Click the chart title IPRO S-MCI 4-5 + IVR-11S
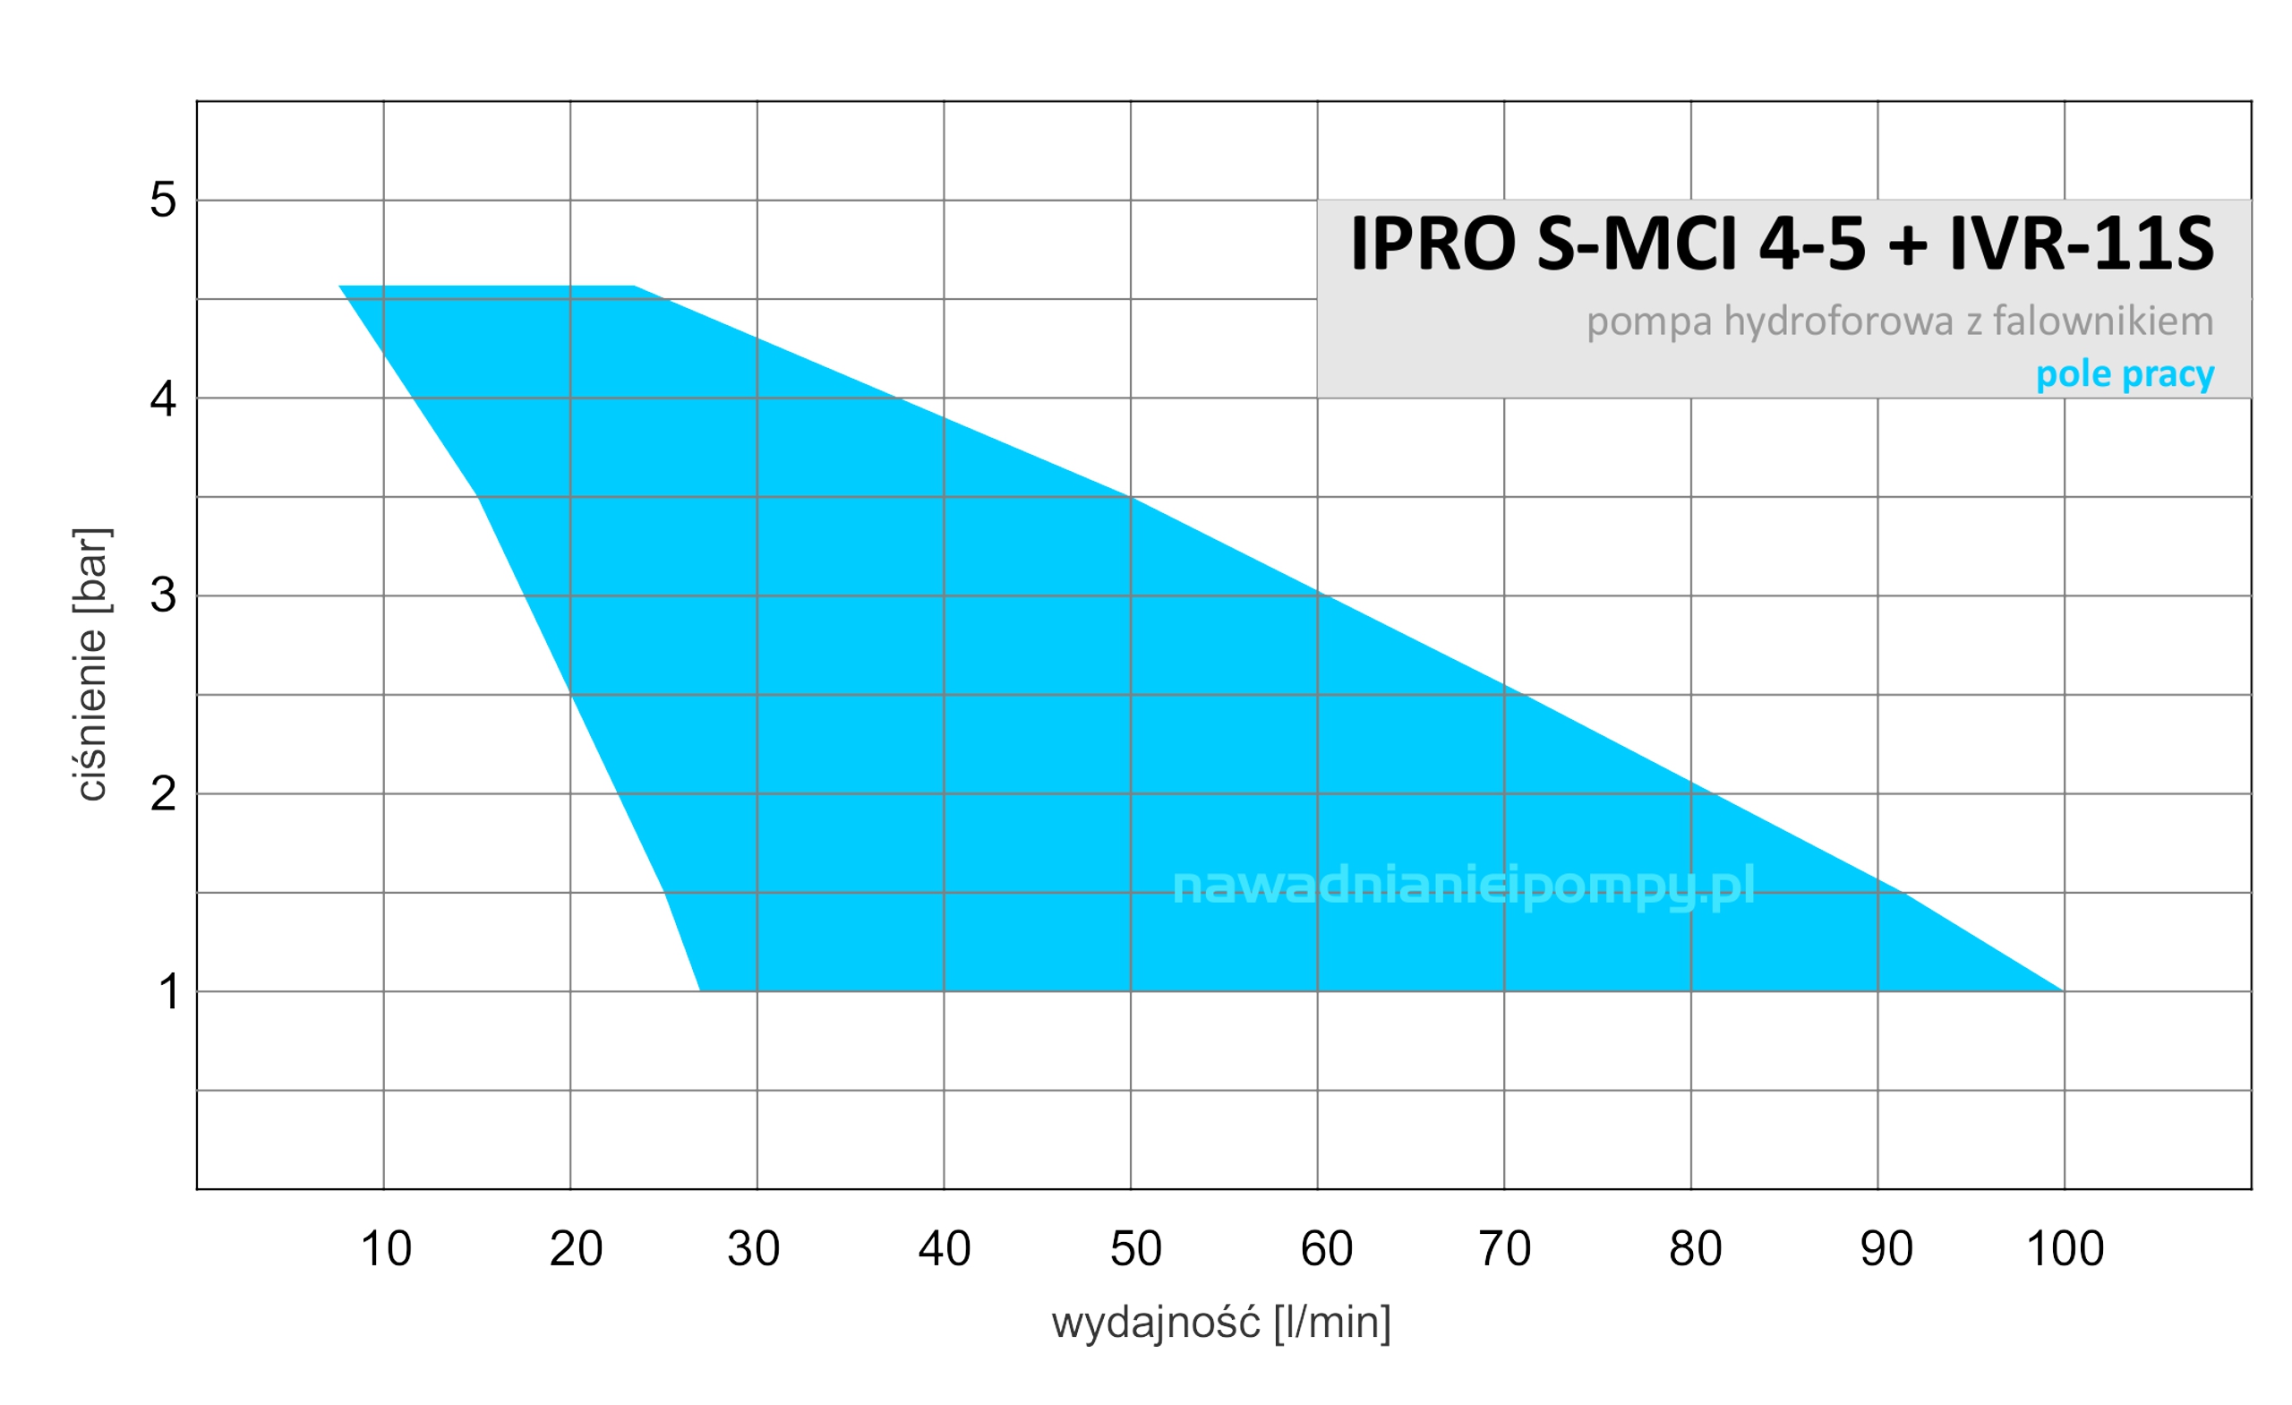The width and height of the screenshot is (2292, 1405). click(x=1782, y=244)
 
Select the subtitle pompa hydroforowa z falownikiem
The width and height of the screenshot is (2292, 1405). click(x=1900, y=321)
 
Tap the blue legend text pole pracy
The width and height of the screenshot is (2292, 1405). click(x=2125, y=374)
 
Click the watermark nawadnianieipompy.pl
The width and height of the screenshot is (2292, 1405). click(x=1463, y=885)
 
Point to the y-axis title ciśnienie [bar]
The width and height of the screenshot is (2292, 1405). click(x=91, y=664)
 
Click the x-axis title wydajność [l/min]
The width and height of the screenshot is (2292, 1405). click(x=1221, y=1323)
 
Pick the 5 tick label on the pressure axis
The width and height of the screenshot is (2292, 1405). click(x=163, y=200)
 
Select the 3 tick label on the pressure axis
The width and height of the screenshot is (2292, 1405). click(x=163, y=595)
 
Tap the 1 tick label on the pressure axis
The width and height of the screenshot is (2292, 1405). click(x=168, y=992)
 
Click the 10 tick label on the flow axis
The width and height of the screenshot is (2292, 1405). click(x=385, y=1248)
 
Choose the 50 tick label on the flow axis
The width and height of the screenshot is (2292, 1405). click(x=1135, y=1248)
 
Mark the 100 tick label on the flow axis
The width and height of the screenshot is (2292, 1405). click(x=2065, y=1248)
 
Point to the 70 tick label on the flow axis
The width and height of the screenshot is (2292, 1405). click(x=1504, y=1248)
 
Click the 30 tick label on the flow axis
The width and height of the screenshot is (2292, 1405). click(x=754, y=1248)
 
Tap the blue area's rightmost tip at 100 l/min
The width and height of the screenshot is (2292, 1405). click(x=2061, y=990)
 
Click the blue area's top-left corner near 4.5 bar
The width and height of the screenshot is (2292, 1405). click(x=341, y=287)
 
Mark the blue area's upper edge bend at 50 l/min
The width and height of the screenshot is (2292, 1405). click(x=1131, y=498)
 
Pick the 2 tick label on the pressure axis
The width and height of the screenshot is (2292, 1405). click(x=163, y=793)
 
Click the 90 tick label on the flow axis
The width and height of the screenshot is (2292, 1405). click(x=1886, y=1248)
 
